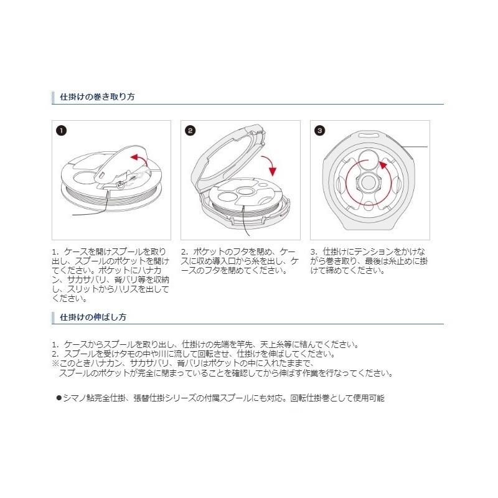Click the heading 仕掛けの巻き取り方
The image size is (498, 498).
point(97,98)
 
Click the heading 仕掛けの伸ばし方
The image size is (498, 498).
point(93,317)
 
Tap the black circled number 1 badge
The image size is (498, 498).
point(60,131)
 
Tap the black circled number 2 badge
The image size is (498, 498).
point(190,131)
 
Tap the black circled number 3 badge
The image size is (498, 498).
point(319,131)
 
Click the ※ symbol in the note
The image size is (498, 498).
point(55,364)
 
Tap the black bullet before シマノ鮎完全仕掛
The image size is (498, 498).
point(59,397)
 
